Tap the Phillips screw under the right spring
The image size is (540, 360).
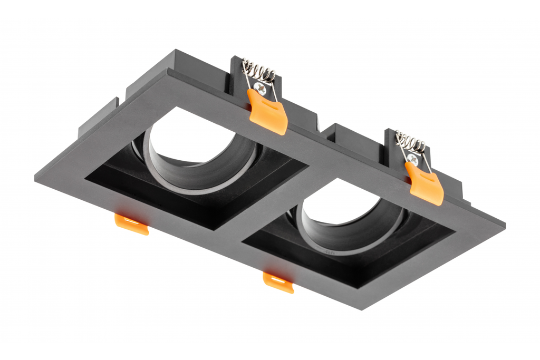pos(413,158)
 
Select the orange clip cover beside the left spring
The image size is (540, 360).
pos(268,112)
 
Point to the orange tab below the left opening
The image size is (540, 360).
pos(132,223)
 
